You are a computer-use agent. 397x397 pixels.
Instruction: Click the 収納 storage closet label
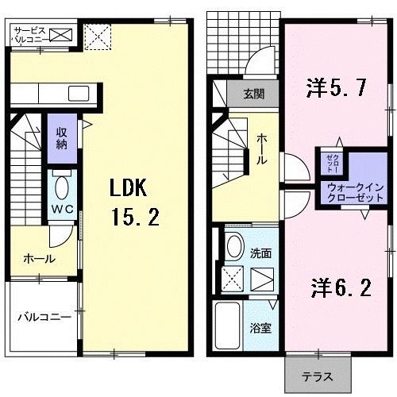(61, 139)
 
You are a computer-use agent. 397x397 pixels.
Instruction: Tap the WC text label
(62, 208)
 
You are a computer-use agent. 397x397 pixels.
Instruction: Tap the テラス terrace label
(317, 376)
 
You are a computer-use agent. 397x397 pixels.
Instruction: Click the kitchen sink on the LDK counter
(79, 94)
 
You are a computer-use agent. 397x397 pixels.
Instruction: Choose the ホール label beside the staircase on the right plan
(261, 152)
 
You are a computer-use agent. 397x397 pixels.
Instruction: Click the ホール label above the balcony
(40, 259)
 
